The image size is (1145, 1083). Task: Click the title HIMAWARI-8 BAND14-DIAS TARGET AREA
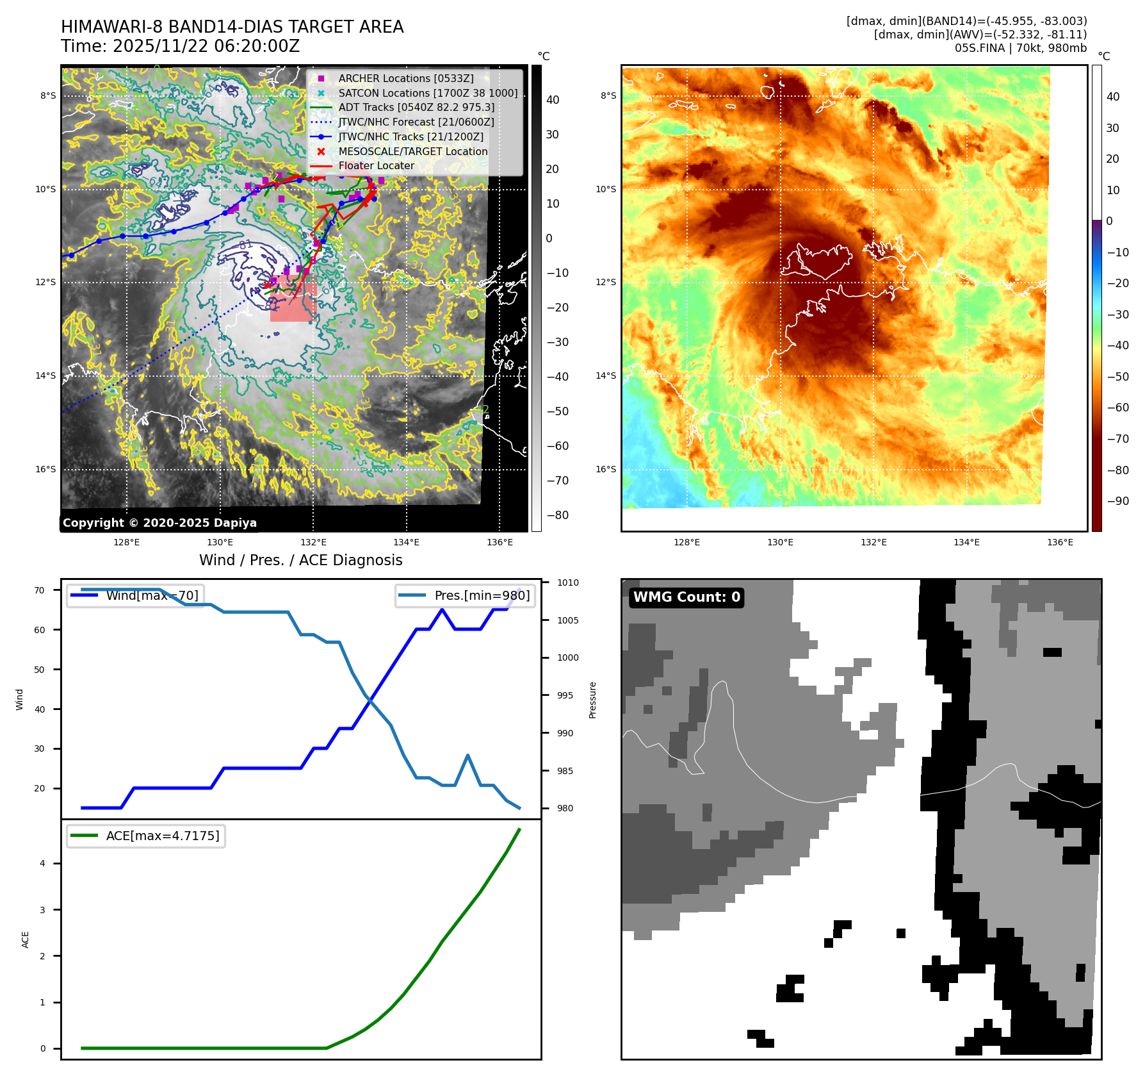pyautogui.click(x=232, y=27)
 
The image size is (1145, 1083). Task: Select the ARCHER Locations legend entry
pyautogui.click(x=406, y=78)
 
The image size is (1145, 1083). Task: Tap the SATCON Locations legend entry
pyautogui.click(x=428, y=93)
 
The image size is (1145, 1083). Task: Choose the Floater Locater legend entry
pyautogui.click(x=376, y=165)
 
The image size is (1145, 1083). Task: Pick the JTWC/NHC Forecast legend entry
pyautogui.click(x=416, y=122)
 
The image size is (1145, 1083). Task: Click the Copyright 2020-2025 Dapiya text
pyautogui.click(x=159, y=522)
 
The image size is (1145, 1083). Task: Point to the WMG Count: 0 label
pyautogui.click(x=686, y=597)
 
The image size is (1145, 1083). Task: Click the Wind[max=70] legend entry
pyautogui.click(x=152, y=595)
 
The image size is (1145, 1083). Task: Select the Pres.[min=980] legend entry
pyautogui.click(x=482, y=595)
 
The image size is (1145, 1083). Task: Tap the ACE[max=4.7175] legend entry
pyautogui.click(x=162, y=836)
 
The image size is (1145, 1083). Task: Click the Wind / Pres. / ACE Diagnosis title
pyautogui.click(x=301, y=560)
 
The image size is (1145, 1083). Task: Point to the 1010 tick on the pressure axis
pyautogui.click(x=567, y=583)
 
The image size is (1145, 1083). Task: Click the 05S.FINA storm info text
pyautogui.click(x=1020, y=48)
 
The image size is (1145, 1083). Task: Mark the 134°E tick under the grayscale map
pyautogui.click(x=406, y=542)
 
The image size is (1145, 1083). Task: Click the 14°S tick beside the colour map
pyautogui.click(x=608, y=376)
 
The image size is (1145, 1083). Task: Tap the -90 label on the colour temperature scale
pyautogui.click(x=1118, y=501)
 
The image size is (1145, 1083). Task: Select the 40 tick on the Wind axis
pyautogui.click(x=40, y=709)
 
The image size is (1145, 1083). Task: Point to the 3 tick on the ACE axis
pyautogui.click(x=43, y=909)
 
